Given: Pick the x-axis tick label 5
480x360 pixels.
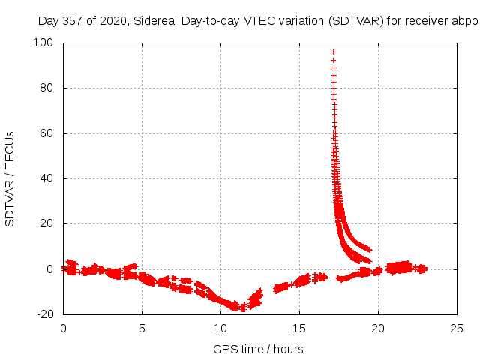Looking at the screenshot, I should tap(142, 328).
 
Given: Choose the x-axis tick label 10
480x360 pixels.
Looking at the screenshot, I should tap(220, 328).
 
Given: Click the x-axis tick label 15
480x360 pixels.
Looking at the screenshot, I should tap(299, 328).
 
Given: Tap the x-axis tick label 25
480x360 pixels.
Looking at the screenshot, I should tap(457, 328).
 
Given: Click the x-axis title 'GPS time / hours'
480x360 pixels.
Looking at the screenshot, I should tap(258, 349).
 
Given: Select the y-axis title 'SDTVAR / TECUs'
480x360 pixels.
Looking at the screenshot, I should tap(10, 178).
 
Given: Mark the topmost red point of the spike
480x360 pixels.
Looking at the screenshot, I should tap(333, 52).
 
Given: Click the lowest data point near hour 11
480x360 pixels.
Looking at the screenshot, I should tap(242, 309).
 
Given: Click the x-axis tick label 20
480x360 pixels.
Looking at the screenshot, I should tap(378, 328).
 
